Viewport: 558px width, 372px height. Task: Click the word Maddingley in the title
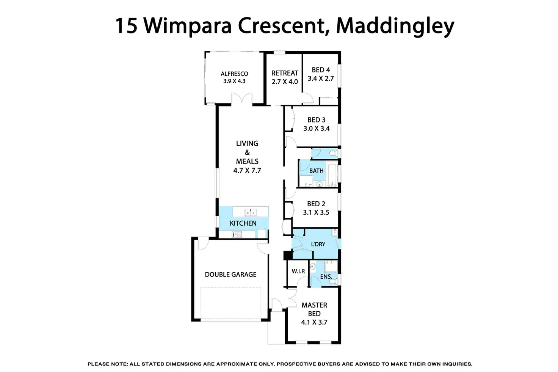coord(395,27)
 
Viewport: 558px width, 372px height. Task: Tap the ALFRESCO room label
coord(234,74)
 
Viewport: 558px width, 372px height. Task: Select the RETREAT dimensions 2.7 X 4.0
coord(285,82)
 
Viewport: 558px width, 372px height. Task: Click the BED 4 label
coord(321,70)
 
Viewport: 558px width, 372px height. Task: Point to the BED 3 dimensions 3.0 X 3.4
coord(317,128)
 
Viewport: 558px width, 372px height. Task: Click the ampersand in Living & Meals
coord(247,152)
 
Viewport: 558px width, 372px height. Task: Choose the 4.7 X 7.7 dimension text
coord(247,170)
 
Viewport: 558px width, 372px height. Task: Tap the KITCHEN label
coord(243,223)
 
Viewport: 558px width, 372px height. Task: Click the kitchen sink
coord(250,212)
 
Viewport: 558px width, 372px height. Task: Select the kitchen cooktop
coord(237,234)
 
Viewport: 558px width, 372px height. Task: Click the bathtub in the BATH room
coord(332,173)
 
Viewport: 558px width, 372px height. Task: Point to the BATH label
coord(317,171)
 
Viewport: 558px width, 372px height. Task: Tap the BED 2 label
coord(316,204)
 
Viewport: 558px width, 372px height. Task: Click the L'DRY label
coord(318,244)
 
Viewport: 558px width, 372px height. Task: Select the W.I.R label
coord(298,271)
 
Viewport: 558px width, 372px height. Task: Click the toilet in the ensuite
coord(334,281)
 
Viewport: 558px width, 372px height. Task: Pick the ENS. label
coord(326,276)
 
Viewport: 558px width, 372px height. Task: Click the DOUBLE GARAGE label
coord(231,275)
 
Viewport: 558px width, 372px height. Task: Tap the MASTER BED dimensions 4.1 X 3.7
coord(314,322)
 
